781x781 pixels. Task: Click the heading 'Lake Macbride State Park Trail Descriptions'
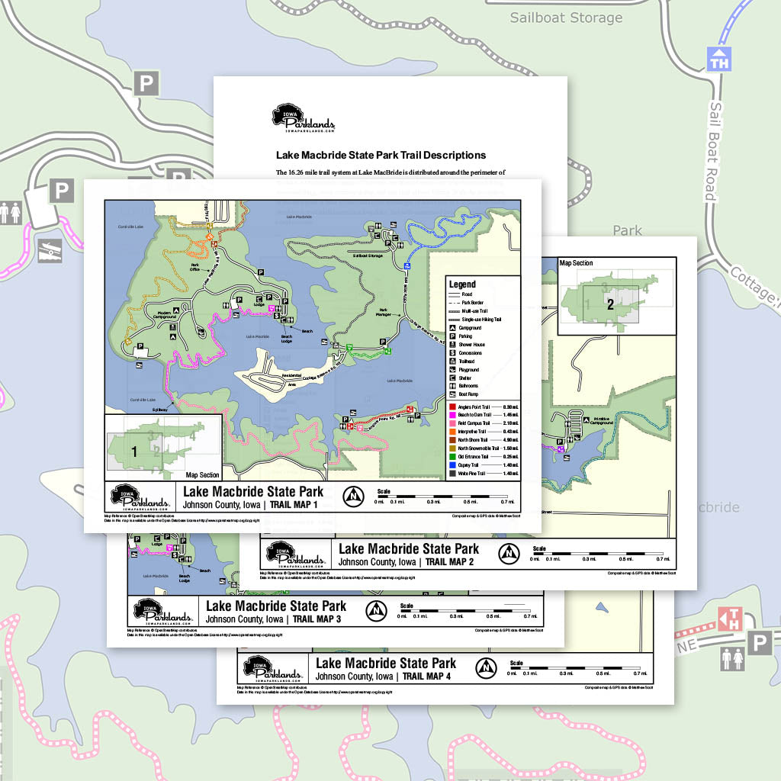tap(381, 155)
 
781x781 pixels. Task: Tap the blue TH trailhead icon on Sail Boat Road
tap(718, 59)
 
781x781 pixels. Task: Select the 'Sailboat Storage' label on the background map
tap(566, 18)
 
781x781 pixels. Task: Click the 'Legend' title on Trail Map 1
tap(462, 284)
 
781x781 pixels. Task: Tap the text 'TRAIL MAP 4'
tap(437, 676)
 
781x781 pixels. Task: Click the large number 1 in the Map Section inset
tap(134, 452)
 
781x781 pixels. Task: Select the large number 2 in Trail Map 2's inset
tap(610, 304)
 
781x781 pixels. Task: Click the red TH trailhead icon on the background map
tap(731, 617)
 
